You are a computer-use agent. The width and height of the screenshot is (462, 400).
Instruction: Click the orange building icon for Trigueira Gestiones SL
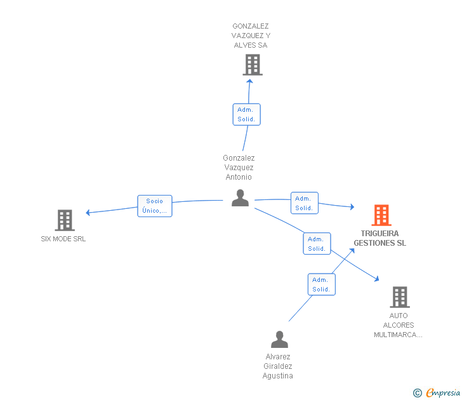381,215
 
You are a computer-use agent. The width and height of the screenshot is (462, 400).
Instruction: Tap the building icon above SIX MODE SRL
65,220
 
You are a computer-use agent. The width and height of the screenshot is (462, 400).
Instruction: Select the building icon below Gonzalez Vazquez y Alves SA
253,65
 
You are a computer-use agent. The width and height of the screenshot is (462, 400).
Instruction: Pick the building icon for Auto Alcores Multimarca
399,297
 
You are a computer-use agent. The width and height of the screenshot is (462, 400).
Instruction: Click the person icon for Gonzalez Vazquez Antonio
240,198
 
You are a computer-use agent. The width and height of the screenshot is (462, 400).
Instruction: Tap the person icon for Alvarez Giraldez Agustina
279,340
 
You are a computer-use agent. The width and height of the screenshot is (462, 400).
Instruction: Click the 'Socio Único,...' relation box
155,206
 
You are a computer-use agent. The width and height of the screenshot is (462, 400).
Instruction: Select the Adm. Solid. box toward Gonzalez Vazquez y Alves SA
246,114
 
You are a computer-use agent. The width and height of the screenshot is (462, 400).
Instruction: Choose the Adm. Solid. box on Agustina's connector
321,284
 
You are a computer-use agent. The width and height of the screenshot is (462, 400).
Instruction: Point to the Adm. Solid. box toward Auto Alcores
317,244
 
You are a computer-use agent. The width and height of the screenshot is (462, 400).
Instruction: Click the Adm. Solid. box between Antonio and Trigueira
304,203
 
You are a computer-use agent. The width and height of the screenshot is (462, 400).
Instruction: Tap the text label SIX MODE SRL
63,239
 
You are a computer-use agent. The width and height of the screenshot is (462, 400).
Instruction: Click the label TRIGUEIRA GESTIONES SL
379,238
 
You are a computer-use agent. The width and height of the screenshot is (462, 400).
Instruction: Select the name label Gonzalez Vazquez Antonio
239,168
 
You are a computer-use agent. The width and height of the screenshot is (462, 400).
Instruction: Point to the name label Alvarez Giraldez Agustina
278,366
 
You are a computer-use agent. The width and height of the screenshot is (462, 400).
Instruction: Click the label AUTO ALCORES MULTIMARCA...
399,325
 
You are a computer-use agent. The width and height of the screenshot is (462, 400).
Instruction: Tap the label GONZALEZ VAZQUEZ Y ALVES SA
251,36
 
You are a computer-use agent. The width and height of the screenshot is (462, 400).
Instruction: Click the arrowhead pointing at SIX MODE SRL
89,213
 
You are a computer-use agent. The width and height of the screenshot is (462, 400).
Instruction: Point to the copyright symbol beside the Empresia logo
417,393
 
